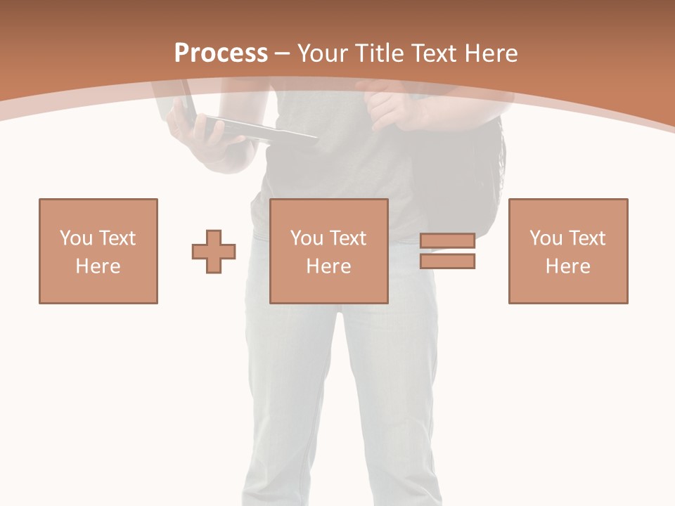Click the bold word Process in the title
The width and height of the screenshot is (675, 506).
point(221,53)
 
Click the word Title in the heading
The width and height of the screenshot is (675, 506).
point(380,53)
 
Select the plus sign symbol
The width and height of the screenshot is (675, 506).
point(214,252)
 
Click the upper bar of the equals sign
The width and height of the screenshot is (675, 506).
point(447,241)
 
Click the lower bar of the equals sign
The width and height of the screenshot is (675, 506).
point(447,261)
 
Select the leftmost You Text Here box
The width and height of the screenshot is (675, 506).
point(98,251)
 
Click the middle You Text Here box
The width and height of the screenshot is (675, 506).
point(329,251)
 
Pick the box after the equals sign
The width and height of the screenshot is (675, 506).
point(568,251)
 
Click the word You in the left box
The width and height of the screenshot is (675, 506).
point(76,238)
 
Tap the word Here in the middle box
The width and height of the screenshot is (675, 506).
point(329,266)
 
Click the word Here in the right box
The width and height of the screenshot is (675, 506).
point(568,266)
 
